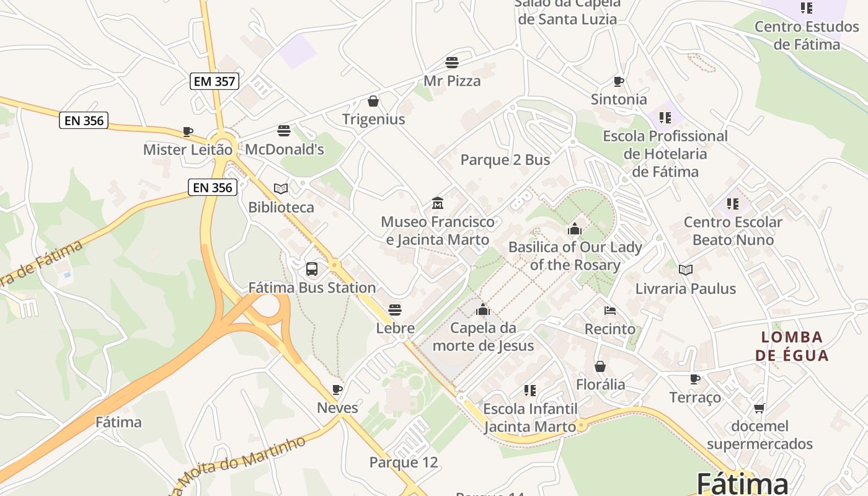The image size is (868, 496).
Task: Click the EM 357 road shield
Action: (214, 81)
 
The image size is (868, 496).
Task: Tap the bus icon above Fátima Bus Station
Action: (312, 269)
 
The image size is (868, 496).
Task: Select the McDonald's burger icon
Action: (284, 131)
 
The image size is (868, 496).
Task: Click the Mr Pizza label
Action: (452, 81)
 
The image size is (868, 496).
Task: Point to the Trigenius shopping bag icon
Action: (373, 101)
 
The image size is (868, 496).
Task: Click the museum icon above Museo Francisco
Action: (438, 203)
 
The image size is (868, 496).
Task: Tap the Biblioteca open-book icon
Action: (281, 188)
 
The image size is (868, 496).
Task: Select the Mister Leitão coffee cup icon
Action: (188, 131)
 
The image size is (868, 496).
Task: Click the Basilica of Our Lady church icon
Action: (575, 229)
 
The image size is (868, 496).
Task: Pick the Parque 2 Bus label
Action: (505, 160)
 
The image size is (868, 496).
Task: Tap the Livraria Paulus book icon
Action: (685, 270)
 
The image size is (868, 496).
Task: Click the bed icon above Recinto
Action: (610, 310)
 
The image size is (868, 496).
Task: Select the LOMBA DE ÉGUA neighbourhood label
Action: (792, 346)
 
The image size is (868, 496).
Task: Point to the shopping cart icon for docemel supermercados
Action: (759, 408)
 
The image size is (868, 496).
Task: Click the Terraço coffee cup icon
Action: (695, 379)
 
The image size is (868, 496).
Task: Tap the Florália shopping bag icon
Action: (600, 366)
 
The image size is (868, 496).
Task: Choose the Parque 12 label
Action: (404, 463)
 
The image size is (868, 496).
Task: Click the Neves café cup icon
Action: (337, 389)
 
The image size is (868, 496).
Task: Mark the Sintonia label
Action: (619, 99)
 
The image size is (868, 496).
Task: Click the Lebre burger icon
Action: (395, 310)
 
